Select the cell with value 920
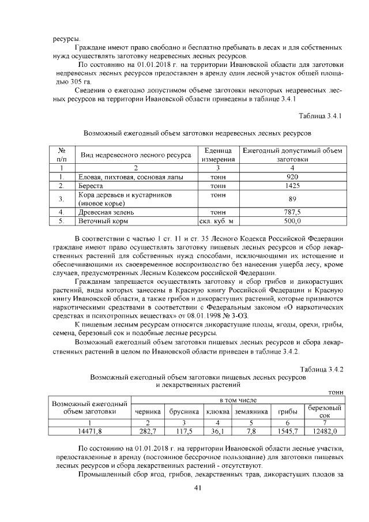(292, 177)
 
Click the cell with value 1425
(292, 186)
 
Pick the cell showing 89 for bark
(292, 199)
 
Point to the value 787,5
(292, 212)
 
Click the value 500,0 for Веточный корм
(292, 221)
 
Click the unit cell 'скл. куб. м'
(216, 221)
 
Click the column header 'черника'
(148, 412)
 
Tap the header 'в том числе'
(238, 400)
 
